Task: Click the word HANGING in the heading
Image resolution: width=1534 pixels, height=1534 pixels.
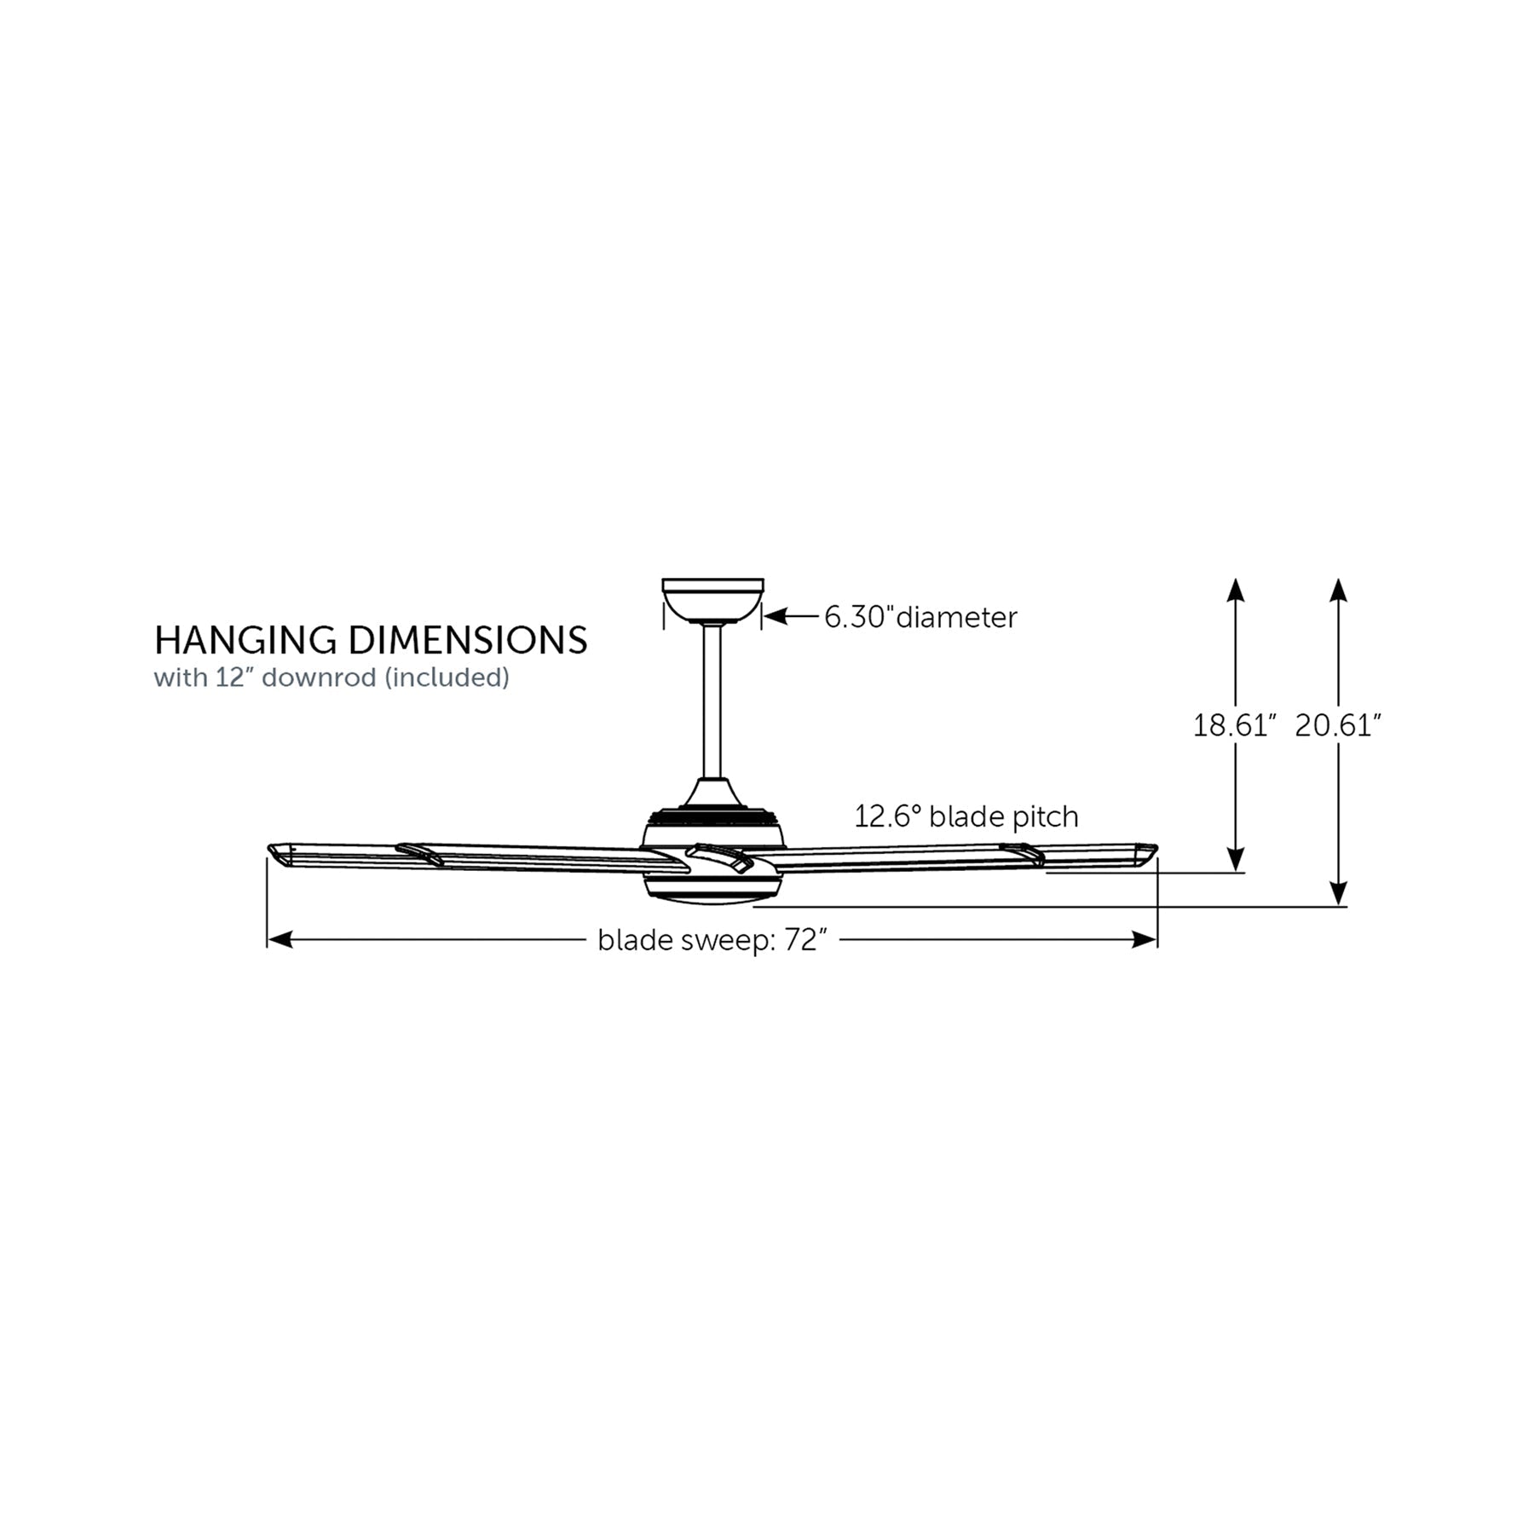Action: pos(247,641)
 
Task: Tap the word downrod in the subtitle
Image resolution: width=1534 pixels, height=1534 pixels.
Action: pos(320,678)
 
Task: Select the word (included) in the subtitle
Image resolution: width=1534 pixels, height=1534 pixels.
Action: pos(447,678)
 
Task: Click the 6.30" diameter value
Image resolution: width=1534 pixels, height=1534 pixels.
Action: pos(859,617)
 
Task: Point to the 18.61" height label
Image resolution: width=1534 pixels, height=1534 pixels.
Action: pos(1234,726)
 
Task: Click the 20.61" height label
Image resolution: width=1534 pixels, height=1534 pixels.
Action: pos(1338,726)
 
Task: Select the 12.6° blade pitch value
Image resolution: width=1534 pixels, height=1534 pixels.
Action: pos(889,816)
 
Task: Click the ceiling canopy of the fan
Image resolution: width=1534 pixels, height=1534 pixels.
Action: pos(712,602)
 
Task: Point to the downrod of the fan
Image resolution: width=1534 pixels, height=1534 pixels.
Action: pos(712,702)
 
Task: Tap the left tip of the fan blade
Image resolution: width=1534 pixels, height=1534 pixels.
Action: pos(269,850)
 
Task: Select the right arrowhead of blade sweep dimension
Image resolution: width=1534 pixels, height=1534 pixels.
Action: pos(1145,940)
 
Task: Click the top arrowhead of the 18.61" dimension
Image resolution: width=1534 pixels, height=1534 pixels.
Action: pos(1236,591)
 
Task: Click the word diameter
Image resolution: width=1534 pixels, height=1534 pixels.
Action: pos(957,617)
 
